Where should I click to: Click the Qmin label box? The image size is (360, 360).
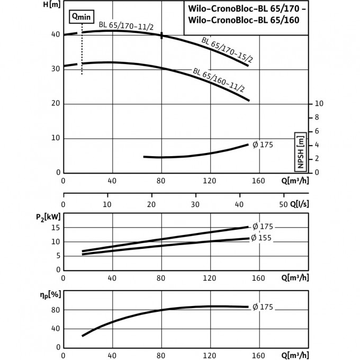coord(82,17)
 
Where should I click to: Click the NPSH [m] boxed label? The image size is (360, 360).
coord(300,151)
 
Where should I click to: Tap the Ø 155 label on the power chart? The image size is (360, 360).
coord(261,238)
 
